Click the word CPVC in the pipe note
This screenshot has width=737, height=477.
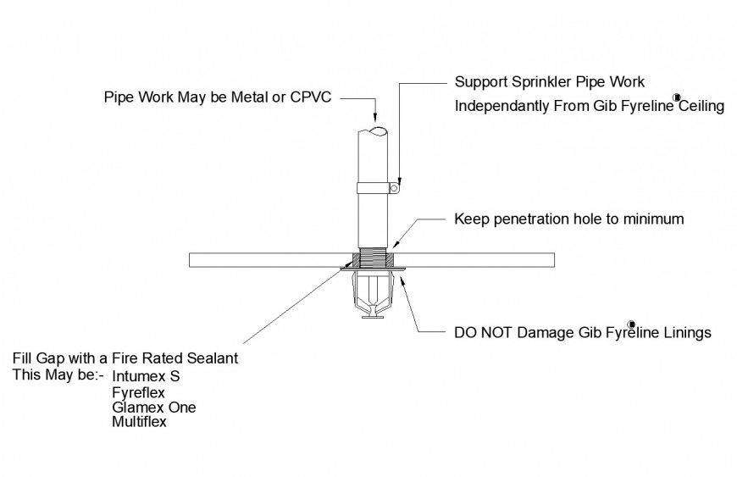(x=310, y=97)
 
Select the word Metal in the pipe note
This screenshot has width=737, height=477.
(x=249, y=97)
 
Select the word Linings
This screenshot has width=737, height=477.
(x=685, y=333)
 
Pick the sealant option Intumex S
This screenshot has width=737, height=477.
(x=146, y=375)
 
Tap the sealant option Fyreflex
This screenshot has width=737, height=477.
(x=138, y=392)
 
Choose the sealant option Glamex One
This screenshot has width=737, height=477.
(x=153, y=408)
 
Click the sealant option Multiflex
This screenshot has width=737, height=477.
(x=139, y=422)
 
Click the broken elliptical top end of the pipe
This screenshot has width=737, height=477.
(x=372, y=130)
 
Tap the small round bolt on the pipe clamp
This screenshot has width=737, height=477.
(x=393, y=190)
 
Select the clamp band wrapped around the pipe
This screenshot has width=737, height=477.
(x=372, y=187)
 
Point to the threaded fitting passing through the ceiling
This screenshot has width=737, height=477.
(x=372, y=258)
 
